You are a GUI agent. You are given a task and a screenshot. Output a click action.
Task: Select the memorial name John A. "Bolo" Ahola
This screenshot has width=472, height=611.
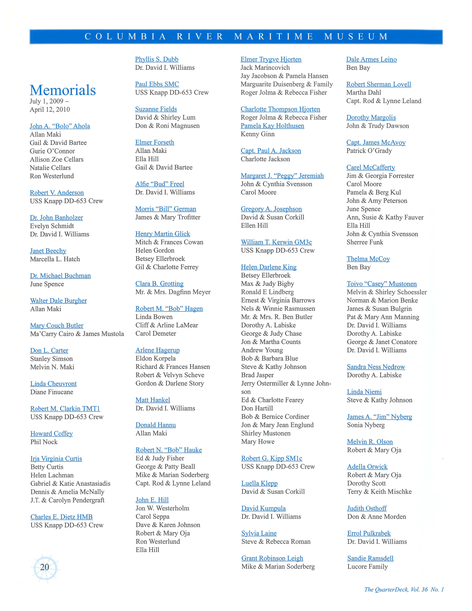60,126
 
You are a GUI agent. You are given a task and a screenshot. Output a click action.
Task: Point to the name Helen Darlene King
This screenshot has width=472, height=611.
269,267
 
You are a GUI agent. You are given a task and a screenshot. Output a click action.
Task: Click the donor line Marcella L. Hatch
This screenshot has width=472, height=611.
55,259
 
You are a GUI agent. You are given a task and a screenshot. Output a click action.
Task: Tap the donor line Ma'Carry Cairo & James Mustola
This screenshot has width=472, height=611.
77,334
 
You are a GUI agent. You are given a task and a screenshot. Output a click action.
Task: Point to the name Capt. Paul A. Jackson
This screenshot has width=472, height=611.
271,151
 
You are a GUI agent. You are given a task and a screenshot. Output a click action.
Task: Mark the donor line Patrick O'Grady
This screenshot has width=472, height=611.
369,151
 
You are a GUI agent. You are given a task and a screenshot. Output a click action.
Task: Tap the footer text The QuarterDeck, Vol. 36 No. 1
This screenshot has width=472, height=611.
404,589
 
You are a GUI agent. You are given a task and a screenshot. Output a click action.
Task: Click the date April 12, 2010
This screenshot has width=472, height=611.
50,109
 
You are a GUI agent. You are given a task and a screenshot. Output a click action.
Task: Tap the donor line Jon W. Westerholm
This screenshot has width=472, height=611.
162,508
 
